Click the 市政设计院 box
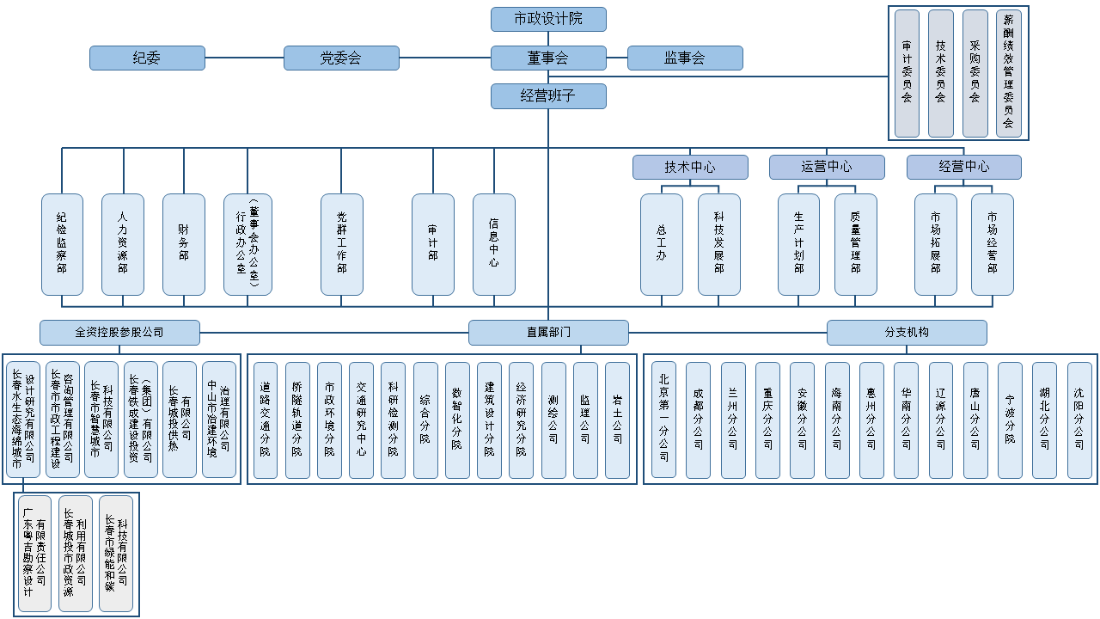(548, 19)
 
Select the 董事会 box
(548, 58)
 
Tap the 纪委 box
(147, 58)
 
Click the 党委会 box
(341, 58)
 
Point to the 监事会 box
(685, 58)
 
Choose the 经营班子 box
(548, 96)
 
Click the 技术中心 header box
(690, 167)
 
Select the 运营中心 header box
(827, 167)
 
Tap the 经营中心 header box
(963, 167)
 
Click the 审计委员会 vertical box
(907, 74)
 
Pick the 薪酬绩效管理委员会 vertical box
(1009, 74)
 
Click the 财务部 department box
(184, 244)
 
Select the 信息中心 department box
(494, 244)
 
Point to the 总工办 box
(662, 244)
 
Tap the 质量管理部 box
(856, 244)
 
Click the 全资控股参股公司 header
(119, 333)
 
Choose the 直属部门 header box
(548, 333)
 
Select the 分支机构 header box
(907, 333)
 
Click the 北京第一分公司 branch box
(663, 420)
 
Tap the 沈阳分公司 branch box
(1079, 420)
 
